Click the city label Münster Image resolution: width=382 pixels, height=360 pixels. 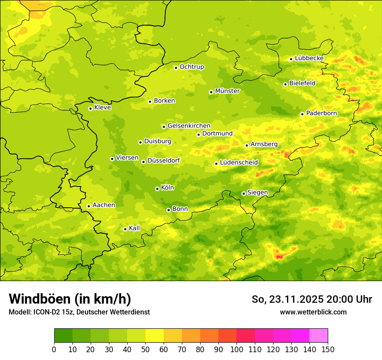[227, 91]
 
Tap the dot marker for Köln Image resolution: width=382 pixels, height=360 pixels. [157, 189]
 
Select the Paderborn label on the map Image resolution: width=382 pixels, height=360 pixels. [321, 113]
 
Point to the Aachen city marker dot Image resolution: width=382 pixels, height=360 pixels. [89, 206]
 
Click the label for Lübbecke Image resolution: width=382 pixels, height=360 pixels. [309, 58]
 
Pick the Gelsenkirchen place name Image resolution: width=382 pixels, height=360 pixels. [189, 126]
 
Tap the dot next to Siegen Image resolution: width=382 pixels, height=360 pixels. [244, 193]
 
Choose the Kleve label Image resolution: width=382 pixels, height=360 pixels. [102, 108]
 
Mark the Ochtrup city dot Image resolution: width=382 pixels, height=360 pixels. [176, 67]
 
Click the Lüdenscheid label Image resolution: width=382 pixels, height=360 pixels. [239, 163]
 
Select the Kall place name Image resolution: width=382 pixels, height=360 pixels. [135, 228]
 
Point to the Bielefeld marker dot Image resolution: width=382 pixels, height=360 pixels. [285, 84]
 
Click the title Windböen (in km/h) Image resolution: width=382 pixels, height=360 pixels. [70, 299]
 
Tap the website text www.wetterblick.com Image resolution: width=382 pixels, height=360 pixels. [313, 312]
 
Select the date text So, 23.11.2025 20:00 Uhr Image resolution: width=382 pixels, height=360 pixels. [312, 299]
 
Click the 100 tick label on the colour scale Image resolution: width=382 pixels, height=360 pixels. [237, 350]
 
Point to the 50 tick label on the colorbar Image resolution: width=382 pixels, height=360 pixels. [145, 350]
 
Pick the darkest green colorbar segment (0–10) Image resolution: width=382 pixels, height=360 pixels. [63, 335]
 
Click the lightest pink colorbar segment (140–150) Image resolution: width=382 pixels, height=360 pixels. [319, 335]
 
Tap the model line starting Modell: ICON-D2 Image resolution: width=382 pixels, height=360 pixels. [79, 312]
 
